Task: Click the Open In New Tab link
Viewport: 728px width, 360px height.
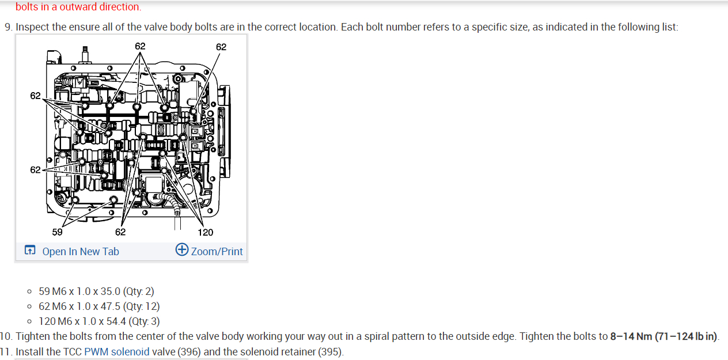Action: [x=81, y=251]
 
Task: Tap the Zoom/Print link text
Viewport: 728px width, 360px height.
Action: [x=217, y=251]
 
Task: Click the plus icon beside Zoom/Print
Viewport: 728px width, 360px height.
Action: [x=182, y=249]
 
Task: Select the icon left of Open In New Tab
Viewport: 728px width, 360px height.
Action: [x=30, y=251]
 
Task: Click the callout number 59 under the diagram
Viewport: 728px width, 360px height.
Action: [x=58, y=232]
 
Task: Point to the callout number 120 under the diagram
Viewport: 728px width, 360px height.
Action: [x=205, y=232]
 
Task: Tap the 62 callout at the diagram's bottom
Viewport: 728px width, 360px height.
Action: [x=120, y=232]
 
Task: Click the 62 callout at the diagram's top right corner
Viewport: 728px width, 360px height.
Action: [x=221, y=47]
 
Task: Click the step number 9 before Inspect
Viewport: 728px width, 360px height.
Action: [x=7, y=27]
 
